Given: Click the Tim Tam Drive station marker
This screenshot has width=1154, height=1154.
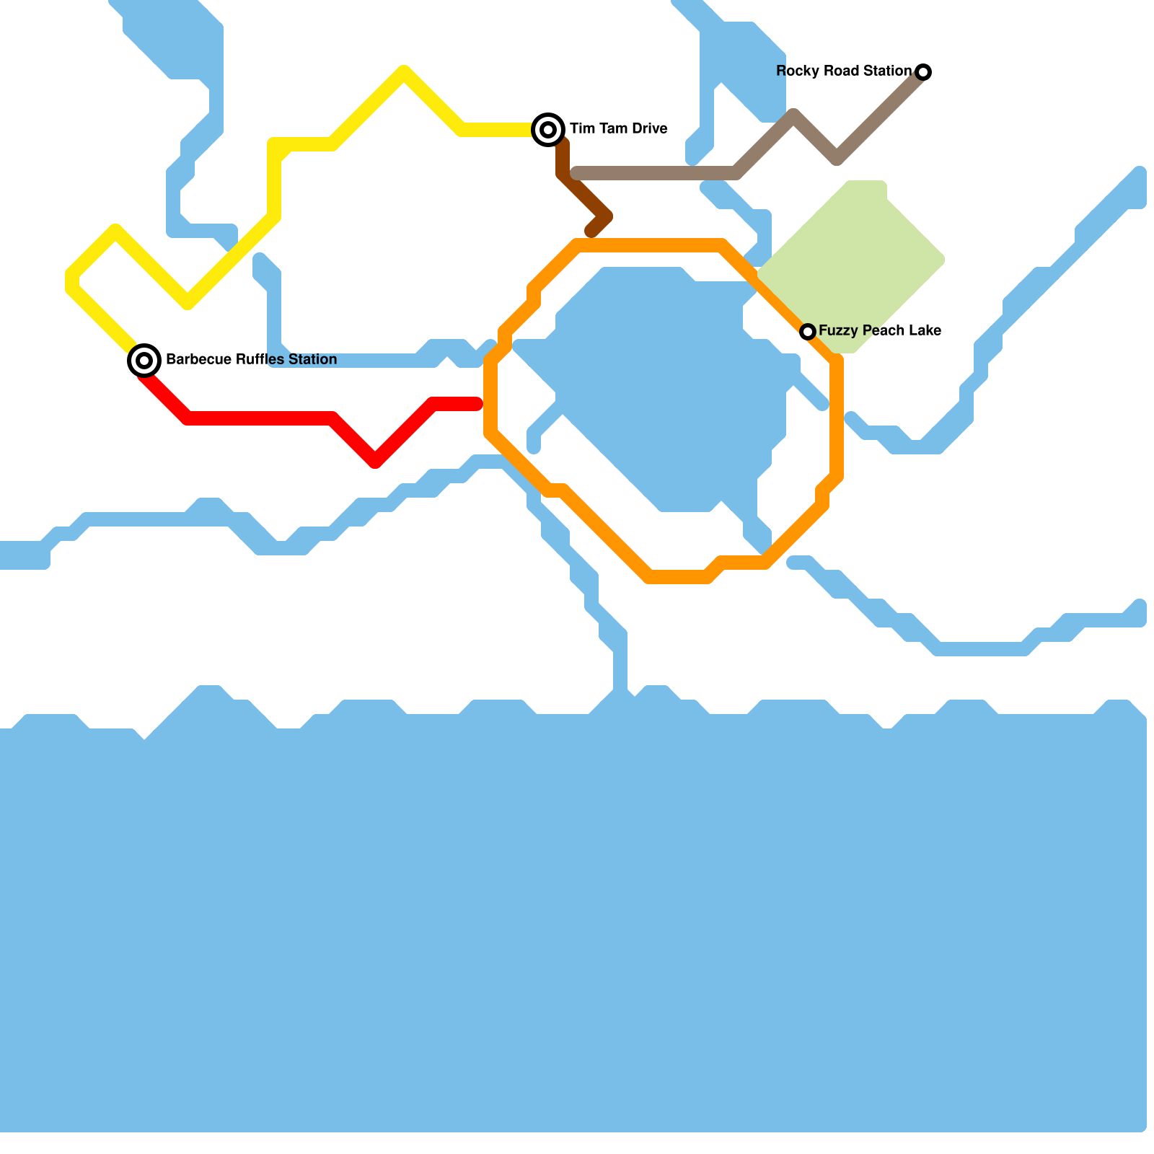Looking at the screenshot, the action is coord(548,130).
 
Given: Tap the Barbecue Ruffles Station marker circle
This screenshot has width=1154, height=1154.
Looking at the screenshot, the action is coord(144,360).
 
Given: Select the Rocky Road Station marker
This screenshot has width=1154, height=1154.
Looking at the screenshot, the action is coord(923,71).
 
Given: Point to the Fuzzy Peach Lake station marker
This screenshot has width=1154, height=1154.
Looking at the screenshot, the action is coord(808,331).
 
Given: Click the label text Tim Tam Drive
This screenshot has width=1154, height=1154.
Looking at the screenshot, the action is coord(618,129).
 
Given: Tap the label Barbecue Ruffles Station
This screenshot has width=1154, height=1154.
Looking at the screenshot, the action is coord(251,359).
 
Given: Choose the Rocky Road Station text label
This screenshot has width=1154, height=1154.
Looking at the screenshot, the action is coord(843,71).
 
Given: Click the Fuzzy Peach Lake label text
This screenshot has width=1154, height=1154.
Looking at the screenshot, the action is coord(879,330).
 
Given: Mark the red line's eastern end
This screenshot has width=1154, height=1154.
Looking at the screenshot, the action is coord(477,404).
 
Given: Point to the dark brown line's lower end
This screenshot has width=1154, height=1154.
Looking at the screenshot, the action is coord(591,232).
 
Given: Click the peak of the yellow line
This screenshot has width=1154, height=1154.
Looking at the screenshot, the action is coord(404,71).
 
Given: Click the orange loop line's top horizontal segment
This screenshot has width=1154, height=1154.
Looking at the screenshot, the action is coord(649,245).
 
